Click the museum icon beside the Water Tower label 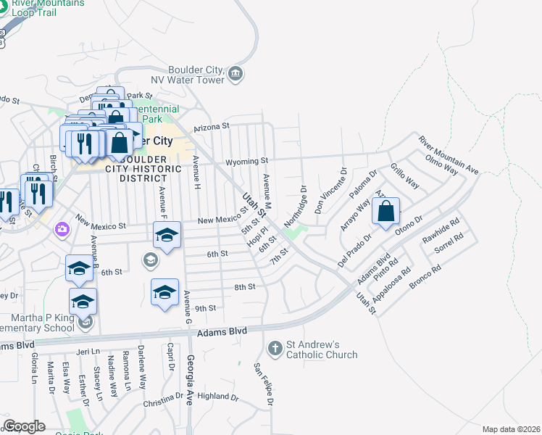click(x=235, y=73)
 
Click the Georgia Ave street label click(x=193, y=384)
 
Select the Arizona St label click(x=211, y=126)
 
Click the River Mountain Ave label click(x=448, y=156)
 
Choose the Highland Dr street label click(x=217, y=397)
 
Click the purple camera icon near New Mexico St click(x=62, y=229)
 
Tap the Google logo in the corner click(x=24, y=426)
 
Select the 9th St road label click(x=206, y=308)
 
